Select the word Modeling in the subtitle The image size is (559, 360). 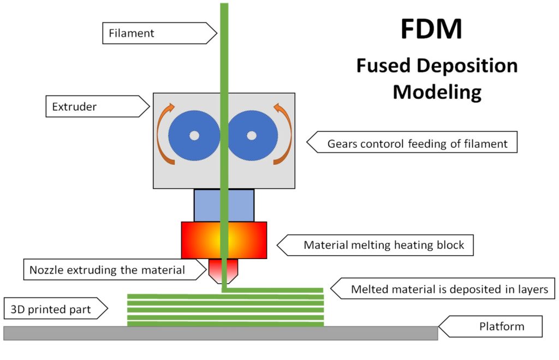[437, 91]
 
